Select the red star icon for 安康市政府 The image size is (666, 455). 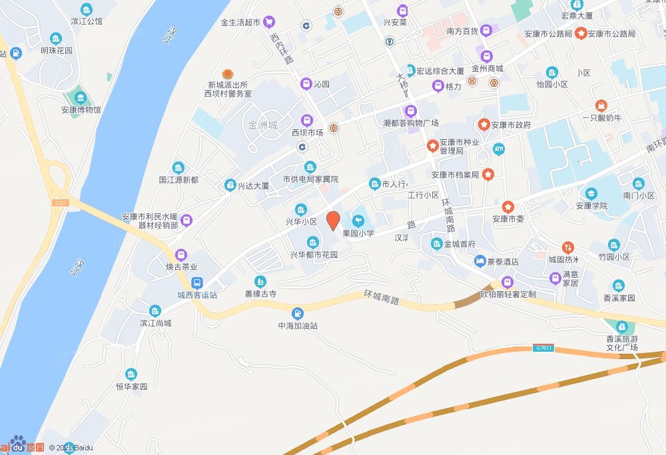tap(484, 125)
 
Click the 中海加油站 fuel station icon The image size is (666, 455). tap(298, 312)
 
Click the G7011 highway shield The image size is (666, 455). tap(543, 348)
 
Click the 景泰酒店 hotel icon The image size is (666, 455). tap(480, 262)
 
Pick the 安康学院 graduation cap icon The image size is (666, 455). tap(591, 194)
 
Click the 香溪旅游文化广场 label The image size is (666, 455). tap(622, 343)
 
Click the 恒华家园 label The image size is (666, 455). tap(131, 386)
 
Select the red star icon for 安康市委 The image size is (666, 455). tap(508, 207)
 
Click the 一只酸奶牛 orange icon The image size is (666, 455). tap(601, 105)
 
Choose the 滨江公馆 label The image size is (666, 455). tap(86, 21)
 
